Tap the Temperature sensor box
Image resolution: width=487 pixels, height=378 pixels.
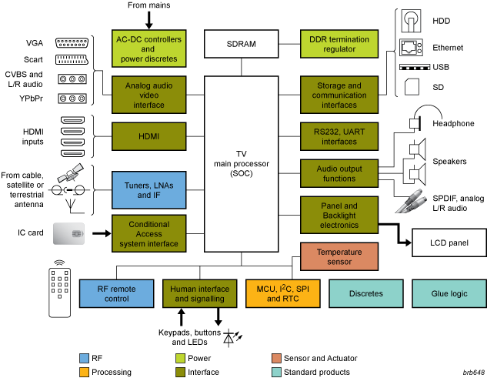click(339, 256)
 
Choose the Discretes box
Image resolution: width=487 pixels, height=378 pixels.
click(365, 293)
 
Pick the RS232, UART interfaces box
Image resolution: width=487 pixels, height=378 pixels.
click(339, 137)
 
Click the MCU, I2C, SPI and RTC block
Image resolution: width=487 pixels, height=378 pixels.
click(278, 293)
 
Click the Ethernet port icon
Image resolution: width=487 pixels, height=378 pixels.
click(410, 46)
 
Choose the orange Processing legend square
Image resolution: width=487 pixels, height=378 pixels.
click(85, 372)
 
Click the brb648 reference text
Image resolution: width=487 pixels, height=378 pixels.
click(472, 372)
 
